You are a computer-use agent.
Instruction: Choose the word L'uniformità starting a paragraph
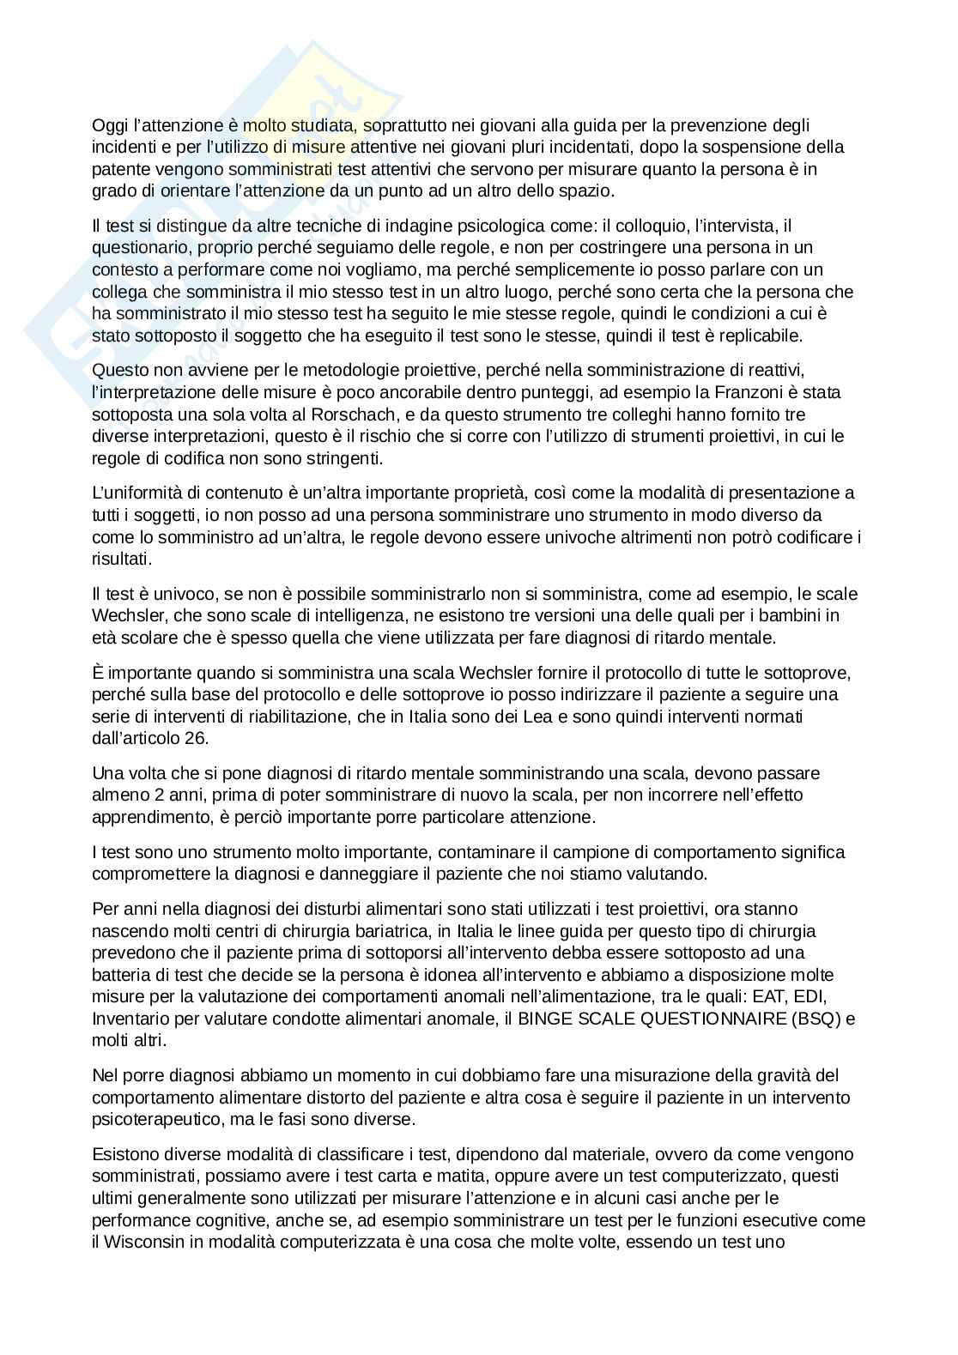(137, 493)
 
